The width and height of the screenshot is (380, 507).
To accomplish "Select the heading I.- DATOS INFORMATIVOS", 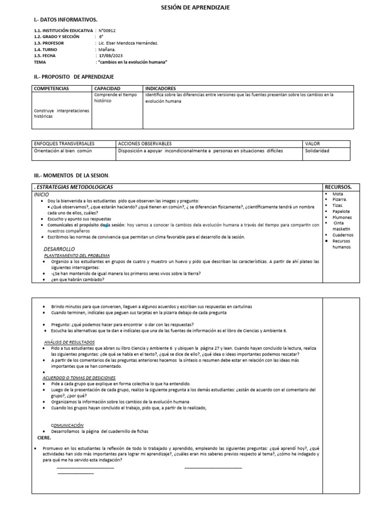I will coord(65,20).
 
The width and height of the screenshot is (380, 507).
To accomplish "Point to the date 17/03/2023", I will coord(110,56).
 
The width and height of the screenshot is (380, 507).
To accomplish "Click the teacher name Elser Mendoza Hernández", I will coord(133,44).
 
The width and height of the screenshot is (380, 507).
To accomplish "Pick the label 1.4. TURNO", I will coord(46,50).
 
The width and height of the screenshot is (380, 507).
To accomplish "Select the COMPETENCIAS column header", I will coord(51,89).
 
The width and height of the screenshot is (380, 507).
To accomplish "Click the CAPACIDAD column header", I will coord(107,89).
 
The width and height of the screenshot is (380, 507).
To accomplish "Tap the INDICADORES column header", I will coord(161,89).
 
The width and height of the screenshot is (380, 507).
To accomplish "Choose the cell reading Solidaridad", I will coord(318,151).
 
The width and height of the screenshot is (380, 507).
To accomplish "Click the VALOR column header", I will coord(313,144).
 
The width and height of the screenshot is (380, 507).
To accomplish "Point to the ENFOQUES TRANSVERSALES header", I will coord(64,144).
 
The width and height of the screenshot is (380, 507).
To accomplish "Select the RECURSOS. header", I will coord(338,187).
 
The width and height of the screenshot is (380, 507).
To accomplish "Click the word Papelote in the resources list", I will coord(341,211).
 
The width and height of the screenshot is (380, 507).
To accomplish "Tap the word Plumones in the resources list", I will coord(342,217).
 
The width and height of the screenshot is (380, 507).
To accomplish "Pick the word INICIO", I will coord(42,195).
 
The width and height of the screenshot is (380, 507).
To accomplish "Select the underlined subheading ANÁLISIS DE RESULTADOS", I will coord(69,342).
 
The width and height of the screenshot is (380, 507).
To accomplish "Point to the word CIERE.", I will coord(45,438).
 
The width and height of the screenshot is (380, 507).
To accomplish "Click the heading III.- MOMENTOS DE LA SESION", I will coord(71,176).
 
